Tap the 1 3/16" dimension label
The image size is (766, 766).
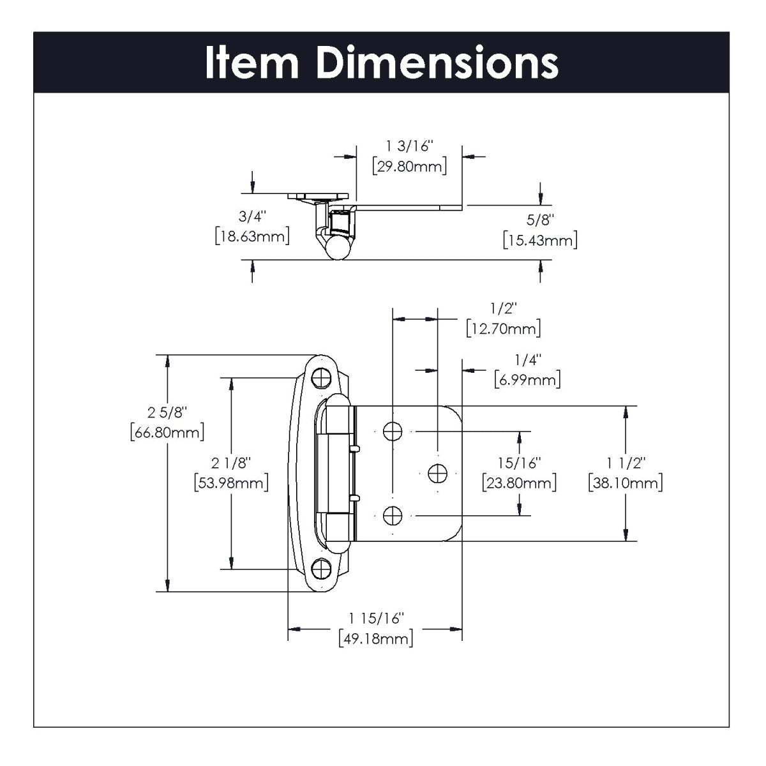point(409,147)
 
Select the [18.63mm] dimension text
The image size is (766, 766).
point(252,235)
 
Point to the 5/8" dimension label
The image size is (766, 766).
point(540,220)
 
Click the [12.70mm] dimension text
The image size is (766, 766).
point(504,329)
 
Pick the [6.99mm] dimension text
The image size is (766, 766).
point(527,380)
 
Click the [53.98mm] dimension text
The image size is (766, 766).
point(230,482)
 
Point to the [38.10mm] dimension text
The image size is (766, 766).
point(625,482)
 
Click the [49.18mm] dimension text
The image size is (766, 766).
point(375,638)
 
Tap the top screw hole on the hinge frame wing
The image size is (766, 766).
point(322,378)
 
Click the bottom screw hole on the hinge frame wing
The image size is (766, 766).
point(322,567)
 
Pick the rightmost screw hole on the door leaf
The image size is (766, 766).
point(437,473)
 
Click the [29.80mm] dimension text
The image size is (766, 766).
point(409,167)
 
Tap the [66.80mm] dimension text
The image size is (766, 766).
point(167,432)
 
